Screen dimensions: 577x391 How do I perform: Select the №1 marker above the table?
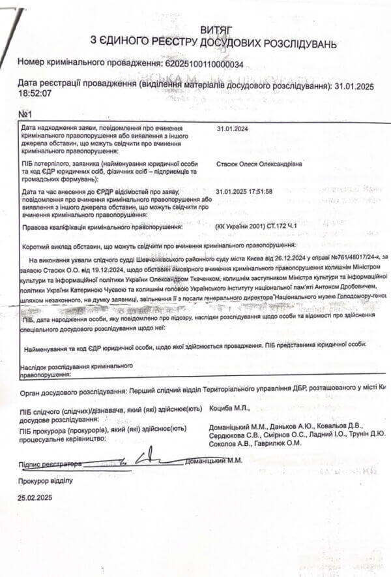pos(27,115)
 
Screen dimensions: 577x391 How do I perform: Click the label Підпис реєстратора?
pos(51,463)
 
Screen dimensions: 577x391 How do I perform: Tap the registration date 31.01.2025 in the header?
pos(354,86)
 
